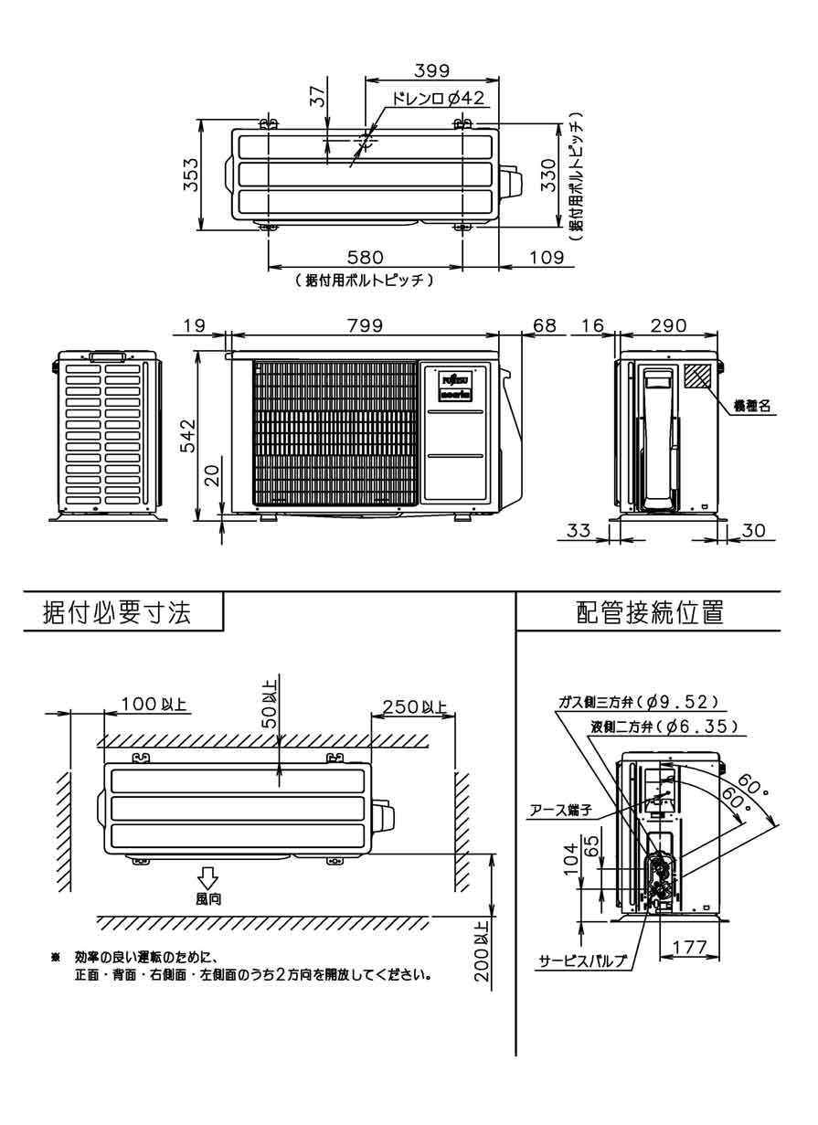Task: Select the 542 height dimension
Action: coord(187,436)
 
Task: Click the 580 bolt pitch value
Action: coord(364,259)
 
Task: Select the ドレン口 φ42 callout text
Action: coord(437,99)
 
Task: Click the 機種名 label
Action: coord(754,406)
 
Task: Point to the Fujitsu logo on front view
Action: coord(454,379)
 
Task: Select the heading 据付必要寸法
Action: coord(118,613)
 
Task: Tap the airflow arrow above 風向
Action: coord(207,877)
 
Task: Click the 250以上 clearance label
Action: coord(414,706)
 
